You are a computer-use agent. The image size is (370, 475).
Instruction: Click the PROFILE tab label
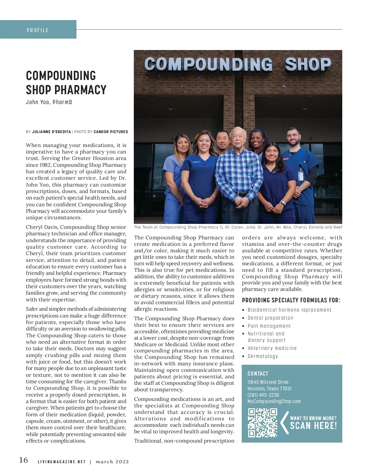[x=38, y=30]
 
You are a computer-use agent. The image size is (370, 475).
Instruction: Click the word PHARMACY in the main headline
[x=81, y=90]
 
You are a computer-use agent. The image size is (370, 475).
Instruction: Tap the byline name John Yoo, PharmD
[x=49, y=102]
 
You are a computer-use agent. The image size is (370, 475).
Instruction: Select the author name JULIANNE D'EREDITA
[x=51, y=132]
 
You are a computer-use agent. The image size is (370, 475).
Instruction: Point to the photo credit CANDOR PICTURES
[x=111, y=132]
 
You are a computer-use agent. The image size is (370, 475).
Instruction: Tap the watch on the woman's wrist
[x=283, y=203]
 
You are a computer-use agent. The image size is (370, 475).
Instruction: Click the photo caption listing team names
[x=238, y=227]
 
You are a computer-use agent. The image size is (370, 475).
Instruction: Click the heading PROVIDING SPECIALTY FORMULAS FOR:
[x=291, y=300]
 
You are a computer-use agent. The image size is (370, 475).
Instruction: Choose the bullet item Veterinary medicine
[x=272, y=348]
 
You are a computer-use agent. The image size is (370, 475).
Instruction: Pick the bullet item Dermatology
[x=263, y=356]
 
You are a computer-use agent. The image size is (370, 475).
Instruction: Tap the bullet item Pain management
[x=269, y=326]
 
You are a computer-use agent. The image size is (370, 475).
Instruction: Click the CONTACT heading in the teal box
[x=258, y=373]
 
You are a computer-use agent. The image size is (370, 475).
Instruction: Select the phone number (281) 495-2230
[x=263, y=395]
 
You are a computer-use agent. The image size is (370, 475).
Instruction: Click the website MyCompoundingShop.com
[x=274, y=401]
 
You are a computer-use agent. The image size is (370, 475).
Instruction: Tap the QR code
[x=263, y=422]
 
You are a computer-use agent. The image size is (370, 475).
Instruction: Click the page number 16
[x=23, y=460]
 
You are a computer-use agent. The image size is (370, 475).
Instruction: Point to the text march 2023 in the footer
[x=112, y=462]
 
